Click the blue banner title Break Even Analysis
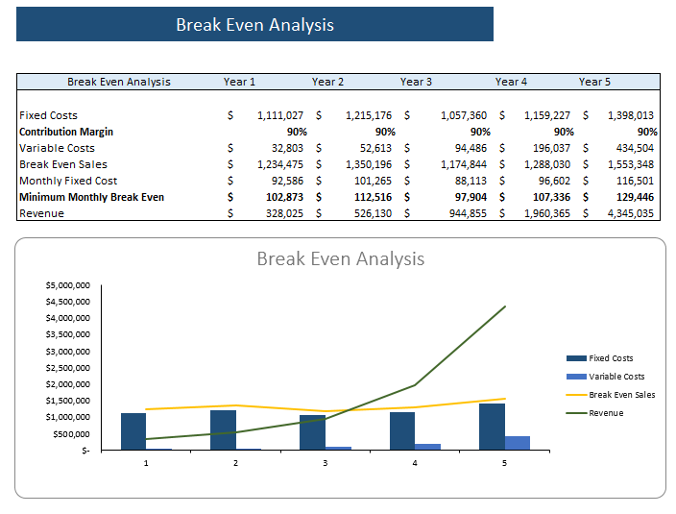254,25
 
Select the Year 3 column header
416,82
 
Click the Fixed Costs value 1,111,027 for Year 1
280,115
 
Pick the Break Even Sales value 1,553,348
630,164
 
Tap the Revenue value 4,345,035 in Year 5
630,213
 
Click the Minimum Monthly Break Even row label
91,197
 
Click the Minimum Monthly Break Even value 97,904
467,197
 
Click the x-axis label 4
415,463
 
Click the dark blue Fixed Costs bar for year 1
133,431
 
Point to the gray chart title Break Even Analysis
340,259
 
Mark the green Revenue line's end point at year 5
505,306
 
